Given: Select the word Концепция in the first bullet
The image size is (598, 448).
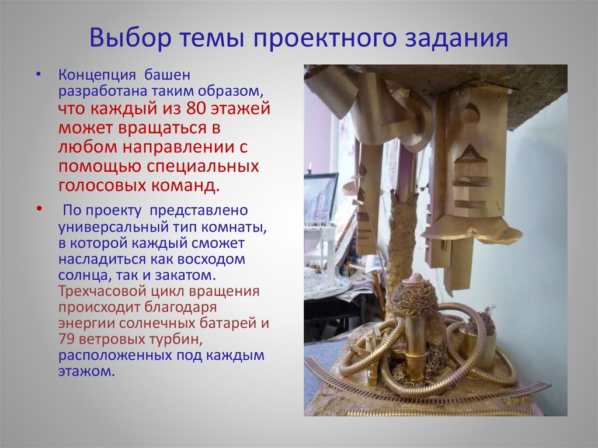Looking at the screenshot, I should point(96,76).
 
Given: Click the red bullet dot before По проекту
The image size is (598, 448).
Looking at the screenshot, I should point(39,209).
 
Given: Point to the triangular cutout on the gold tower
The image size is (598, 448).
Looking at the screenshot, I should point(471,155).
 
